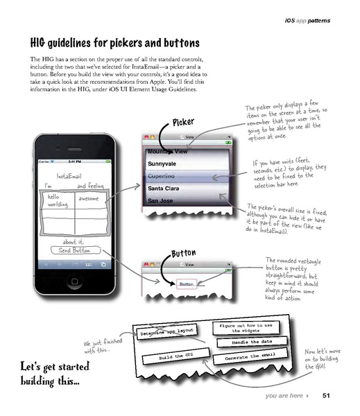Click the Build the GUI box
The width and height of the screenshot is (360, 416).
(x=166, y=357)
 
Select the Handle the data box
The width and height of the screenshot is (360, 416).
(x=250, y=343)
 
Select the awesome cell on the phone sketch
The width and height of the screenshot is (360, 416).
(x=88, y=199)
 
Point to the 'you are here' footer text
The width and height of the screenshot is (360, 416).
(x=283, y=396)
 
